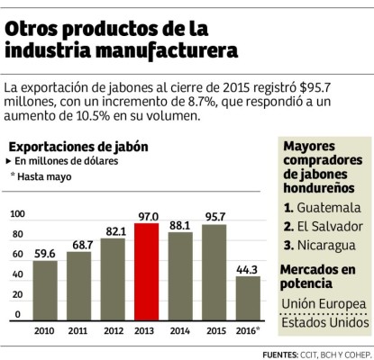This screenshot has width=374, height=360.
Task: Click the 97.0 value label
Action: pyautogui.click(x=148, y=217)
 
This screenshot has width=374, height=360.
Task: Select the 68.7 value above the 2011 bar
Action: pyautogui.click(x=79, y=245)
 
